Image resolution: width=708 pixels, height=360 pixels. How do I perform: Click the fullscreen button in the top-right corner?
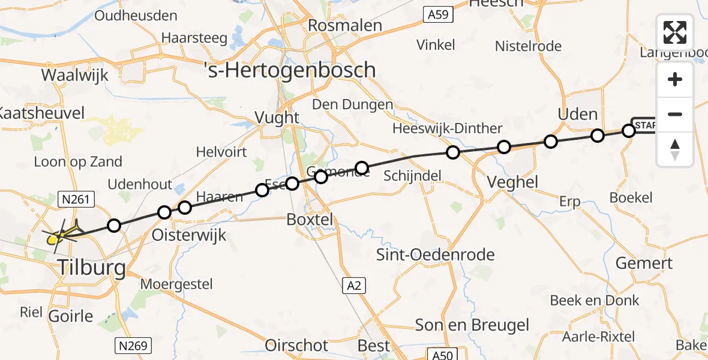pos(675,32)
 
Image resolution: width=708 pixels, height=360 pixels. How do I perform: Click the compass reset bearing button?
pos(675,149)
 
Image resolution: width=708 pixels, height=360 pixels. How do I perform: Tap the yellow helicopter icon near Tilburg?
pos(53,239)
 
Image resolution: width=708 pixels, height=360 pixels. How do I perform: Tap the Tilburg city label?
pos(92,268)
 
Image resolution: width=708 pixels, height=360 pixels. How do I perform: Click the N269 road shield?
pos(133,346)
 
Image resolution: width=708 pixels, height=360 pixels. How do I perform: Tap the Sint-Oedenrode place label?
pos(436,254)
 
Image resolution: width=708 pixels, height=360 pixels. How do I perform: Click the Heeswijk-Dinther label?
pos(447,128)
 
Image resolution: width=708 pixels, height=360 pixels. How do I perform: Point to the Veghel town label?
pos(513,182)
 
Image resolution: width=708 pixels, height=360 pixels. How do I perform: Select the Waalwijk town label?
pos(75,75)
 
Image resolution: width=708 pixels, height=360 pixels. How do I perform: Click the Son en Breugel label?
pos(473,325)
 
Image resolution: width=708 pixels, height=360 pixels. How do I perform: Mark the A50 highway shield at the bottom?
pos(443,355)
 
